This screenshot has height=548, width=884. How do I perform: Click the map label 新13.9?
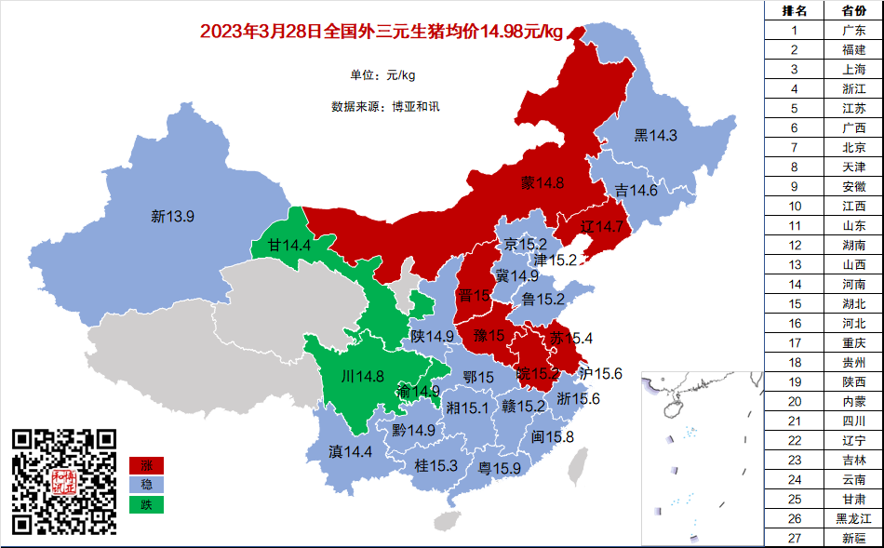coord(172,217)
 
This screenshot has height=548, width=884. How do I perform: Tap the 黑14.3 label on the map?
coord(655,136)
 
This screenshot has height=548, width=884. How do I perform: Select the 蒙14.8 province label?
coord(542,182)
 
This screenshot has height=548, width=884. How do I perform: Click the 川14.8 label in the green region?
coord(362,377)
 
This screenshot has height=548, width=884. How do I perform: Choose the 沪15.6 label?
coord(600,374)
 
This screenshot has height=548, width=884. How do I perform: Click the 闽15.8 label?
coord(552,437)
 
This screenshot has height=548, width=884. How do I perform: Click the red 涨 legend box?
coord(146,465)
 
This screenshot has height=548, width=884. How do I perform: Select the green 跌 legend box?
coord(146,505)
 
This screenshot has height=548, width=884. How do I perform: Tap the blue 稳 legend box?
coord(146,485)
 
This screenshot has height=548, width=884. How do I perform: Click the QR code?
coord(64,481)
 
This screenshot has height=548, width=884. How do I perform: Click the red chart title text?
coord(382,33)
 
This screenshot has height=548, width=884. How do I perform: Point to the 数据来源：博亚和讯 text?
coord(385,106)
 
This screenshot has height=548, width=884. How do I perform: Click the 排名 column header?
coord(794,10)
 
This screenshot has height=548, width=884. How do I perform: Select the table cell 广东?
coord(853,30)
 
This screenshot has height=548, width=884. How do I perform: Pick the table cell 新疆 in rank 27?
coord(853,538)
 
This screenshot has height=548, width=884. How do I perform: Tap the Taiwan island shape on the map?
coord(580,467)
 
